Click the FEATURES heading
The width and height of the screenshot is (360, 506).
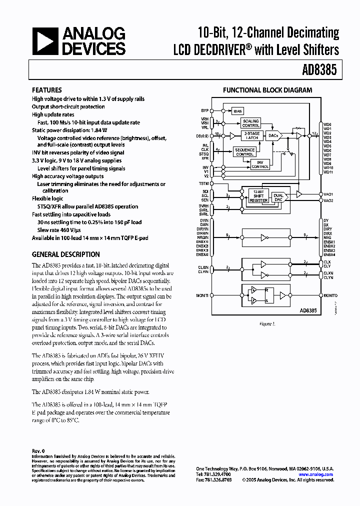point(47,90)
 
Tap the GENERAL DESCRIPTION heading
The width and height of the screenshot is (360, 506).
point(65,254)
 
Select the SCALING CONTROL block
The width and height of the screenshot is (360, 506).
point(251,123)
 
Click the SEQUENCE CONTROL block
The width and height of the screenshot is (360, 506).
point(244,152)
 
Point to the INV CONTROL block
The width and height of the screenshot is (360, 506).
point(259,164)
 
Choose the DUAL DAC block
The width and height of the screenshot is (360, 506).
point(278,197)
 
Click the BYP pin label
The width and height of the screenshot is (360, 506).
point(204,110)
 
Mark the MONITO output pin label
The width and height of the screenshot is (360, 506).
point(330,295)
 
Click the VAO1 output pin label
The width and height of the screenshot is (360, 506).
point(328,194)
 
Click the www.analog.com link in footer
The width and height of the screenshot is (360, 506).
point(315,474)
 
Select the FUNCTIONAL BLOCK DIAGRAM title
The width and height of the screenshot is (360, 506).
point(267,90)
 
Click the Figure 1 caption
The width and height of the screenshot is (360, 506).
point(267,323)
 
